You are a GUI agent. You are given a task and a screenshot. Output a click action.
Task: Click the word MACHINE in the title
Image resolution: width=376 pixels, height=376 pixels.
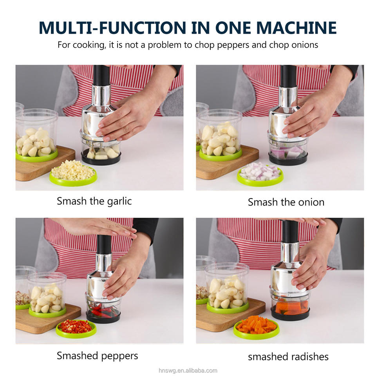296,28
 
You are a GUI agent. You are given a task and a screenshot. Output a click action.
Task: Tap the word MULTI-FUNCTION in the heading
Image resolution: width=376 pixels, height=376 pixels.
112,28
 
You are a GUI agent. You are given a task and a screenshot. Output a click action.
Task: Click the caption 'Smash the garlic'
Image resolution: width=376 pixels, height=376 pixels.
94,201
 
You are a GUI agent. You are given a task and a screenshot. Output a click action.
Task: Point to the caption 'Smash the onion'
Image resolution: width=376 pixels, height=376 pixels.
286,202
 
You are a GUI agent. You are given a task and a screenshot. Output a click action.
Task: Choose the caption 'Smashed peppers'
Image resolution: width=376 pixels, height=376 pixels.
98,356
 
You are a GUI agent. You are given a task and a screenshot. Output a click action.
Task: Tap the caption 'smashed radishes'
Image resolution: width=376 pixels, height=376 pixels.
288,357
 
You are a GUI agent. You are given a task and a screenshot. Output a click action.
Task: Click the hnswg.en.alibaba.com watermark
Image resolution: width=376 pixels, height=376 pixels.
188,371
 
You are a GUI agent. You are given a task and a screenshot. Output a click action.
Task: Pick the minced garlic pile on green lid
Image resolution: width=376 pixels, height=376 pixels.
73,170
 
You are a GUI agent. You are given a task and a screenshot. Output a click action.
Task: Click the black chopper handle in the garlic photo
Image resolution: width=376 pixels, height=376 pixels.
102,75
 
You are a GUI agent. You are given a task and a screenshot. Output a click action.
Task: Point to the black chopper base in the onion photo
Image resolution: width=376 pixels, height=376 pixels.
288,158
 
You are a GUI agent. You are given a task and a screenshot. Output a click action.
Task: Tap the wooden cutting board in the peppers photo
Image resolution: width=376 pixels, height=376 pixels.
48,318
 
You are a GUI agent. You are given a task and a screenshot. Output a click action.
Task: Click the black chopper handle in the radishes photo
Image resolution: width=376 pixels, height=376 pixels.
290,231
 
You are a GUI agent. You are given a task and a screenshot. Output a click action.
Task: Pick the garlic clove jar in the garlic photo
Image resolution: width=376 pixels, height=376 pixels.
37,135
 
